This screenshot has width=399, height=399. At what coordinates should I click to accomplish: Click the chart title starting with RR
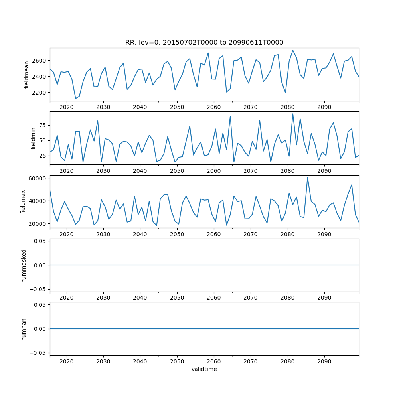pos(204,43)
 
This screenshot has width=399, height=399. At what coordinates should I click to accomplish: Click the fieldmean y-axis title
pos(27,75)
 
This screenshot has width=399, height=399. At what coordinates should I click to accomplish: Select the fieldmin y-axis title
pos(34,138)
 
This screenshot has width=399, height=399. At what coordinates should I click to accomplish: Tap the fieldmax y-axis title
pos(23,202)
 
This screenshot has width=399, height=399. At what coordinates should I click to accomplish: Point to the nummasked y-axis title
pos(24,265)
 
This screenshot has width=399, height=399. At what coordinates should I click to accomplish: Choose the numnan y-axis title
pos(24,329)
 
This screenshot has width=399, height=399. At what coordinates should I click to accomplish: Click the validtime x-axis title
pos(204,369)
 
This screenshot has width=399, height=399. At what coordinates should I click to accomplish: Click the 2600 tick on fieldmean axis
pos(40,61)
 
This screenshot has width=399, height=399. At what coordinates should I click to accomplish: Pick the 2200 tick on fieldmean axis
pos(40,93)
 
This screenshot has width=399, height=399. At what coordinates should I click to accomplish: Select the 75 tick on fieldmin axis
pos(42,125)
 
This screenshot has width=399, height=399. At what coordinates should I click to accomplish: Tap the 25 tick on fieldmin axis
pos(42,156)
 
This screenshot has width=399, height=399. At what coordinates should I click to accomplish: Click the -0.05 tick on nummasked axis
pos(38,289)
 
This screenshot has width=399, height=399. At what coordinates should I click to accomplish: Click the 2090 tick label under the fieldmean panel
pos(324,107)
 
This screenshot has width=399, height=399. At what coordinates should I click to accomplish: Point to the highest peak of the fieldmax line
pos(307,178)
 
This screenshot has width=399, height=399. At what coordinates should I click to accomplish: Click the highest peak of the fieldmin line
pos(292,114)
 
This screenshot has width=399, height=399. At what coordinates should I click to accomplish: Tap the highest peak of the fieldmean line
pos(292,50)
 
